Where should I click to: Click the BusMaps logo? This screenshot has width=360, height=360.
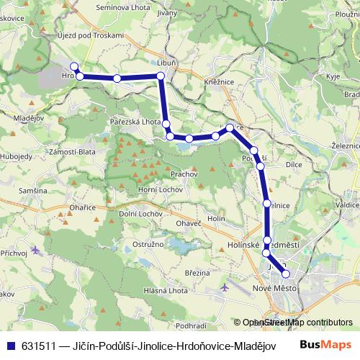point(325,345)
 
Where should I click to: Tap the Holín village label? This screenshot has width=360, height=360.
point(217,217)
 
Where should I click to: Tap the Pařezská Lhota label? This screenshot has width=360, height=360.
point(135,122)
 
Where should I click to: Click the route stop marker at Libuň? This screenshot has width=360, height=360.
point(161,76)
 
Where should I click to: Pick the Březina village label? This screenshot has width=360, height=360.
point(197,272)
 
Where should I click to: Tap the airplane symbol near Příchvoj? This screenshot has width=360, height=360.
point(36,250)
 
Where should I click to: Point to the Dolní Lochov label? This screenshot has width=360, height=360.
point(140,214)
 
